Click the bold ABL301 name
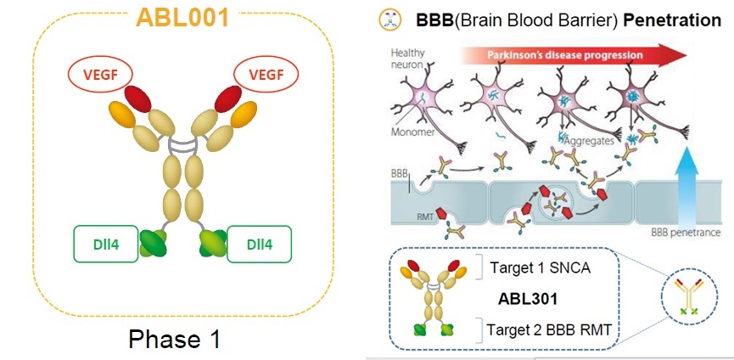click(524, 300)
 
